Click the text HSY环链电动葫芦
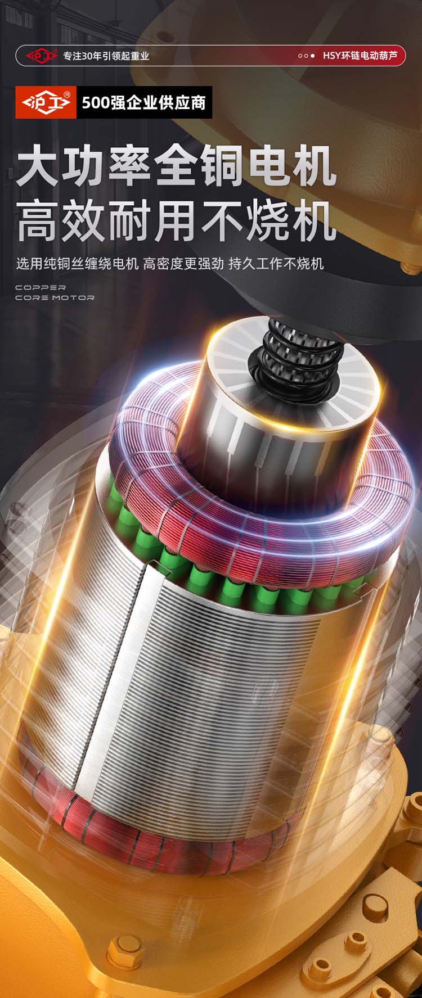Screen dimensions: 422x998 (360, 56)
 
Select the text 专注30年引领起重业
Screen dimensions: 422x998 (106, 56)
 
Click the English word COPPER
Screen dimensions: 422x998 (41, 287)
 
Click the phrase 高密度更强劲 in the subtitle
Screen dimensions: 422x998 (183, 263)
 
